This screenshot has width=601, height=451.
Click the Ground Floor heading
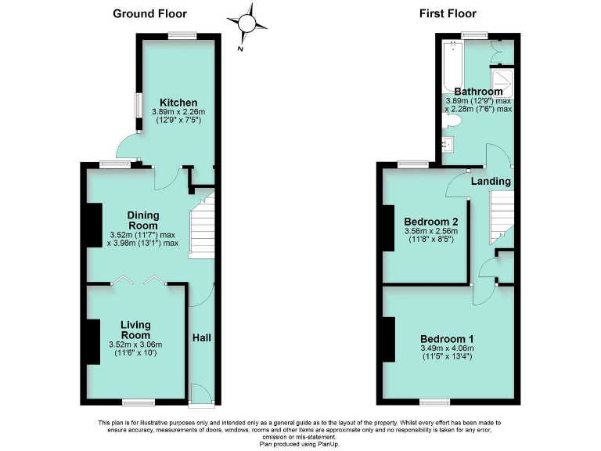click(x=150, y=13)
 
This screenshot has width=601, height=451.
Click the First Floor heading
click(x=448, y=13)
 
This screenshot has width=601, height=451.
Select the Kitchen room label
click(x=178, y=103)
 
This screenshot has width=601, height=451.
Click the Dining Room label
click(x=143, y=220)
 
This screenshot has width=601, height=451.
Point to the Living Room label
click(x=135, y=330)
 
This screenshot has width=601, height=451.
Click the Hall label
click(x=201, y=337)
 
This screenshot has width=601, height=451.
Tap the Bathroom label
click(x=478, y=92)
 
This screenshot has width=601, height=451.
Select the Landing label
click(x=491, y=181)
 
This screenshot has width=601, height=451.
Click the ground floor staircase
click(x=202, y=228)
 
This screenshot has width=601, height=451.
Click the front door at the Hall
click(x=201, y=393)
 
